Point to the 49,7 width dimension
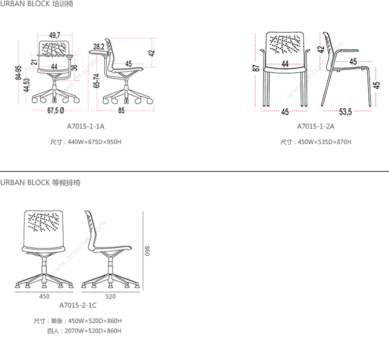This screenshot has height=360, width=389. [x=55, y=35]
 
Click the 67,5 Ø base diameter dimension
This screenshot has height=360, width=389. [x=55, y=110]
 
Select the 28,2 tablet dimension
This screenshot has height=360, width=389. [x=99, y=46]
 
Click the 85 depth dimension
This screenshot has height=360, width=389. [x=121, y=110]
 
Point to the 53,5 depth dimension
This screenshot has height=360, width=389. [x=345, y=111]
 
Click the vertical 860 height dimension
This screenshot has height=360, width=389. [x=146, y=251]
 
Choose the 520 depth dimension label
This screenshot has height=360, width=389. [x=110, y=297]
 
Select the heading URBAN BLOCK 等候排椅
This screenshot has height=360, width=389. [x=40, y=183]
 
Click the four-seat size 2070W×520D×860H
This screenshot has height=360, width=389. [x=92, y=330]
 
